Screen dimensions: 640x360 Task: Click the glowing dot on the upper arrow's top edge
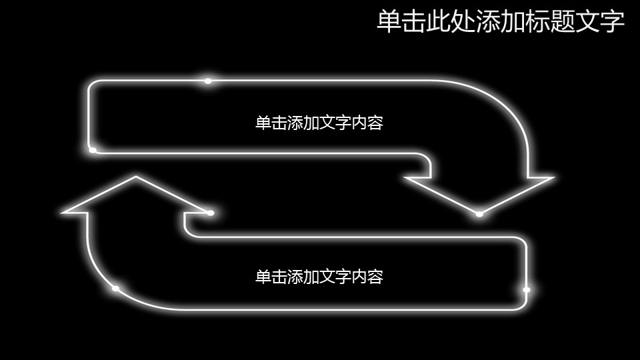click(208, 81)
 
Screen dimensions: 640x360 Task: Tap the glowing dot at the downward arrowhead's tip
click(479, 214)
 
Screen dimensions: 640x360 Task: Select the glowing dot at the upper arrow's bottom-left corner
click(93, 150)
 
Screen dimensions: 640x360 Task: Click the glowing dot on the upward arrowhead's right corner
click(211, 213)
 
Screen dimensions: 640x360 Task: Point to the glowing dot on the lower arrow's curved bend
click(115, 289)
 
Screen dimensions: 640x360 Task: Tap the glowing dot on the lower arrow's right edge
click(527, 290)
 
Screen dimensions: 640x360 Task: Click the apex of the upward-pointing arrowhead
click(135, 177)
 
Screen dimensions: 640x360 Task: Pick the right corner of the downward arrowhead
click(553, 177)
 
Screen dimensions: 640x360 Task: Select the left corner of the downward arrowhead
click(405, 177)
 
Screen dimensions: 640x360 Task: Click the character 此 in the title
click(438, 21)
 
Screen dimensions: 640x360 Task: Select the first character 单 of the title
click(389, 21)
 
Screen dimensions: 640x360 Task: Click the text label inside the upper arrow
click(319, 123)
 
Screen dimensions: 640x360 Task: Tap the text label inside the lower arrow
click(319, 277)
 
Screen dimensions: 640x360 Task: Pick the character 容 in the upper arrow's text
click(375, 123)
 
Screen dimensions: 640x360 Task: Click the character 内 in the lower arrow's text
click(359, 277)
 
